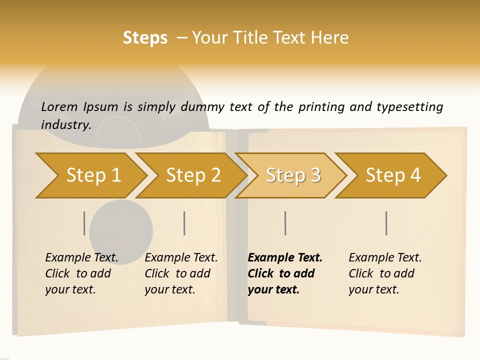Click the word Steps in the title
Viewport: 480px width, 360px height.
tap(145, 38)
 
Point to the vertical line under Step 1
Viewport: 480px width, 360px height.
tap(84, 223)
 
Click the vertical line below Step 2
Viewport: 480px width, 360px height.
tap(184, 223)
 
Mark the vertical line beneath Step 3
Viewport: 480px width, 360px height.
tap(285, 223)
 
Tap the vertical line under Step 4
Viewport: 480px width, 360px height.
tap(386, 223)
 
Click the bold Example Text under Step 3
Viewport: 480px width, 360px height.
tap(285, 258)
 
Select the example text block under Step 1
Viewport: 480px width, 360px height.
tap(81, 273)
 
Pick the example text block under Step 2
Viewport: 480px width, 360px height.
tap(181, 273)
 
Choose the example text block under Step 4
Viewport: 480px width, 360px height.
tap(385, 273)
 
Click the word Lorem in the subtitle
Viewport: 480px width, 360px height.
tap(59, 107)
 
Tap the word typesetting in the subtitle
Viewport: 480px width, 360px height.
tap(409, 107)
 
